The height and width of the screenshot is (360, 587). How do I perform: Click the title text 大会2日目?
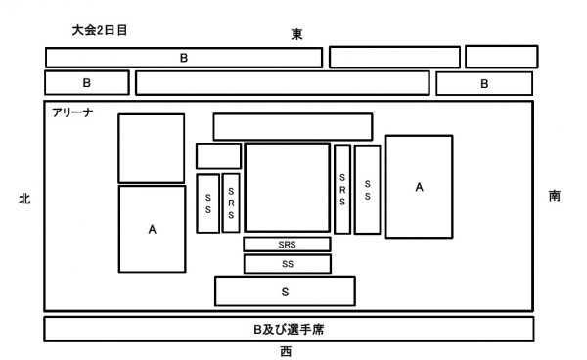point(101,31)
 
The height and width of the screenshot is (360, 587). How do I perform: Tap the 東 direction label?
point(296,34)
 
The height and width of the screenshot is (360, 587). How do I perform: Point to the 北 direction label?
point(24,198)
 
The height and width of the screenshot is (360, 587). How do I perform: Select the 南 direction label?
point(555,196)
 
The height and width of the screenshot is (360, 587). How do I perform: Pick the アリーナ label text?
point(73,113)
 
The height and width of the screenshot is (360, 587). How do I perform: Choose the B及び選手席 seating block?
point(289,330)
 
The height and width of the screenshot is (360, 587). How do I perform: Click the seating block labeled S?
point(285,292)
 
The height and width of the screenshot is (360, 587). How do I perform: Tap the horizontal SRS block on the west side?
point(287,245)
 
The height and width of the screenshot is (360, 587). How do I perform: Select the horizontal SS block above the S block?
point(287,264)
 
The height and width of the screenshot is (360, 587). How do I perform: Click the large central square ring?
point(287,188)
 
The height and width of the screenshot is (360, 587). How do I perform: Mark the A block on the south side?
point(419,186)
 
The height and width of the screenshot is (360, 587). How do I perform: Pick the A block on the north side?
point(152,229)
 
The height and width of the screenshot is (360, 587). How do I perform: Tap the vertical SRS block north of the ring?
point(231,202)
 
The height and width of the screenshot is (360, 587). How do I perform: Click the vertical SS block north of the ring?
point(207,202)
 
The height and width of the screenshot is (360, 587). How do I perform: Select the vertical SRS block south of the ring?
point(342,189)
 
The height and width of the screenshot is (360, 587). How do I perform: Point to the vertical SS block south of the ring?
point(367,189)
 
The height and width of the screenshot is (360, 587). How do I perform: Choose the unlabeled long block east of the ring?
point(293,127)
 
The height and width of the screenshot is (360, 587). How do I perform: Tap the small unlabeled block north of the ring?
point(218,157)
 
